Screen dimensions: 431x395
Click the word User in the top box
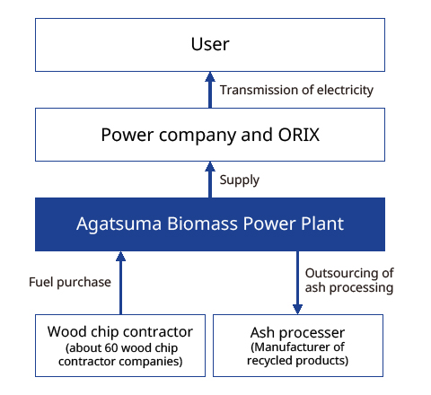210,44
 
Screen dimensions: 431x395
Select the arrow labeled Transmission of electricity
210,90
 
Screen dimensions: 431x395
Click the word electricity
345,91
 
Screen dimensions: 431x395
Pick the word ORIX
299,135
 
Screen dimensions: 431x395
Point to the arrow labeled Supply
210,180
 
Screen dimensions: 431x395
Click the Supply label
240,180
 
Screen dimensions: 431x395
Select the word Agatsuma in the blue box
119,224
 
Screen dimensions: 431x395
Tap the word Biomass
202,224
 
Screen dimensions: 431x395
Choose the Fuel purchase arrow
120,283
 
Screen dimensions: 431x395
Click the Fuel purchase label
70,283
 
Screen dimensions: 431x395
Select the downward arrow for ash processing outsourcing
297,283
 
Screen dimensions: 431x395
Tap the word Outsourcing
342,274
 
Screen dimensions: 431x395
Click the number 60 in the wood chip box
111,348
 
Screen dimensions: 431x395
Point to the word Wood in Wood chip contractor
67,332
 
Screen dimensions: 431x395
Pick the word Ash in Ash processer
262,333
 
